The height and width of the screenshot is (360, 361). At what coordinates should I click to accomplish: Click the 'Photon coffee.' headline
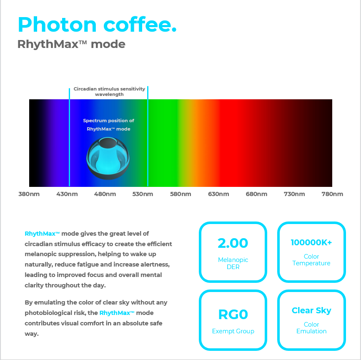97,25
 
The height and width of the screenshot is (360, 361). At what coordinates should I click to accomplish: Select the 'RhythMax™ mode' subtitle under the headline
71,44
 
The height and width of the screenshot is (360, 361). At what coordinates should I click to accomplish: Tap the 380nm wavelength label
29,194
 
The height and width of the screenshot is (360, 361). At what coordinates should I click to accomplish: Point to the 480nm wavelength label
105,194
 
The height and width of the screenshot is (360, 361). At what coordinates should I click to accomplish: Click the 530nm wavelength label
143,194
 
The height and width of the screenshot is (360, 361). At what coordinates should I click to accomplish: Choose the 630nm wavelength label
218,194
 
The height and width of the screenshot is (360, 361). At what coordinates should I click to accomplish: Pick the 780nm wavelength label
332,194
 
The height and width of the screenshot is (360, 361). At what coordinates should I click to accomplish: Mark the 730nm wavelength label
294,194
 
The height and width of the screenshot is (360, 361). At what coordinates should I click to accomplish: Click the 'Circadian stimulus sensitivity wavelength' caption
109,91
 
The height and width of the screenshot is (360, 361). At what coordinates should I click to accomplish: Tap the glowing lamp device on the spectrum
108,158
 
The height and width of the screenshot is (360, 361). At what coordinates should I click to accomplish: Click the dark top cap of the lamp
108,143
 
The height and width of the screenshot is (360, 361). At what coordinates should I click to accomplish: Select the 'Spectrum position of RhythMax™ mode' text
108,125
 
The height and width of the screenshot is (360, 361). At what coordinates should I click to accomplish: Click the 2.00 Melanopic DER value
233,243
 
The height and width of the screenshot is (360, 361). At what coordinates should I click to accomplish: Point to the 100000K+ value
311,242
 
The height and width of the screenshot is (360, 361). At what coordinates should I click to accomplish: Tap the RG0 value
233,315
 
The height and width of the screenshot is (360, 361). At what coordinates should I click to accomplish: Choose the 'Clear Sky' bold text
311,310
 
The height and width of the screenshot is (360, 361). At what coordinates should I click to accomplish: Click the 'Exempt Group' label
233,331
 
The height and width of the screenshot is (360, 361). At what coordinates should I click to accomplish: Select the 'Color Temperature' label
311,260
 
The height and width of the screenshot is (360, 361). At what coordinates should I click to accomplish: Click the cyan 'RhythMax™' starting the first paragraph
42,234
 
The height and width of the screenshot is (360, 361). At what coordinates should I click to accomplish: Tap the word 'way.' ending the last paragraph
32,334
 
